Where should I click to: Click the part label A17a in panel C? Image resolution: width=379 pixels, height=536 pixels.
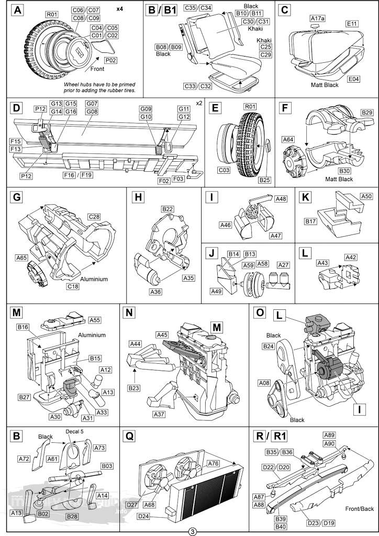pos(317,18)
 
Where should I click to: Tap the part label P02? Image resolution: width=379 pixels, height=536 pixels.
pos(111,61)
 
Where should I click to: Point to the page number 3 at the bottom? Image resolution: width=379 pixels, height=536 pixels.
pos(193,532)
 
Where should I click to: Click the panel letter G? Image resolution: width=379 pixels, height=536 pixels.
pos(16,197)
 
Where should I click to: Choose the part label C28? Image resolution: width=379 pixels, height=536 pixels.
pos(94,217)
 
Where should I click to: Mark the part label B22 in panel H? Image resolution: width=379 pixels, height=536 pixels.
pos(168,209)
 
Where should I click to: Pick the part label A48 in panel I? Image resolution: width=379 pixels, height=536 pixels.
pos(281,199)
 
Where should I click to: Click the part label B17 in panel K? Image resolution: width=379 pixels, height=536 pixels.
pos(310,221)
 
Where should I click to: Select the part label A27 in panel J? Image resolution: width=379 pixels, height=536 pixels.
pos(283,265)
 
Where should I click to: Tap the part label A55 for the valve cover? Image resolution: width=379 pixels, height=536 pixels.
pos(95,320)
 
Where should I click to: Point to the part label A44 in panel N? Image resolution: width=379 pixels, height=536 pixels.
pos(136,344)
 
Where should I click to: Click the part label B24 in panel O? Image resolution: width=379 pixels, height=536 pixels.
pos(269,347)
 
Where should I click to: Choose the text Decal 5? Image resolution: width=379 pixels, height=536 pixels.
pos(74,431)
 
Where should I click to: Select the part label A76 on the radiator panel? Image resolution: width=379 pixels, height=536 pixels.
pos(213,464)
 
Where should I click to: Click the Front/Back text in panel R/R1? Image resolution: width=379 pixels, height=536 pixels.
pos(360,509)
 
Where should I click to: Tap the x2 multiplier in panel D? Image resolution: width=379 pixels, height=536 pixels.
pos(199,103)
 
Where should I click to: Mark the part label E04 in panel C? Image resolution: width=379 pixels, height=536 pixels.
pos(354,80)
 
